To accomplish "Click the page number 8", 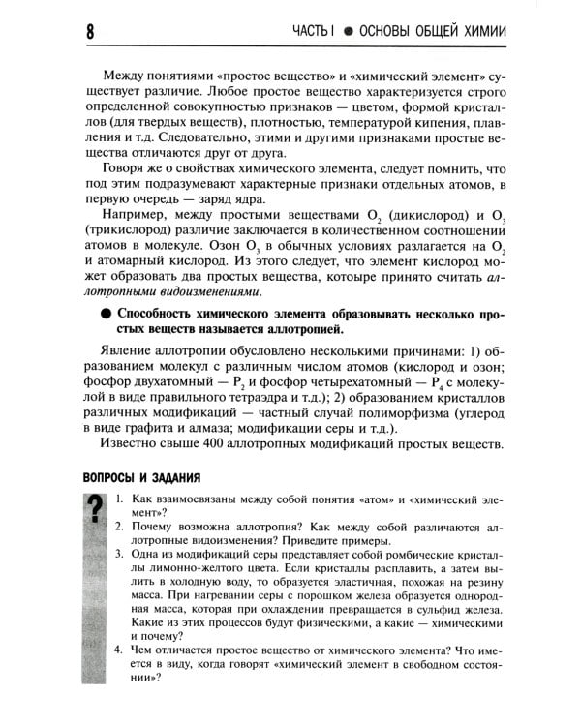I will tap(87, 32).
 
